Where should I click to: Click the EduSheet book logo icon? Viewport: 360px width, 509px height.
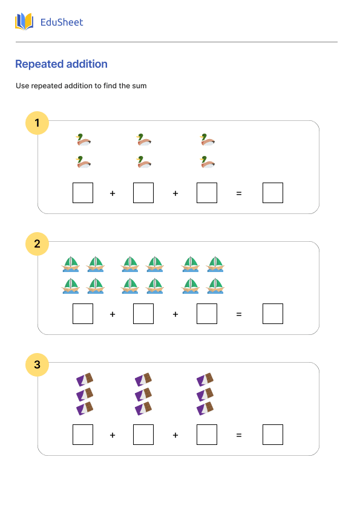coord(24,22)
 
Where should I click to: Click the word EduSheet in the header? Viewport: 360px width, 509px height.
coord(61,22)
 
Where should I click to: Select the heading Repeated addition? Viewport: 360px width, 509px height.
coord(61,64)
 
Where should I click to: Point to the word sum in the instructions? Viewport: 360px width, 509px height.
coord(139,86)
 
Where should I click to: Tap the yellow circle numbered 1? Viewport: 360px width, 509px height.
coord(37,123)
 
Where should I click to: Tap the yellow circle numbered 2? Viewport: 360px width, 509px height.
coord(37,244)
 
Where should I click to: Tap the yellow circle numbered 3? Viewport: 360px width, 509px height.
coord(37,365)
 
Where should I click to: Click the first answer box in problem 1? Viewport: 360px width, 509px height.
coord(83,193)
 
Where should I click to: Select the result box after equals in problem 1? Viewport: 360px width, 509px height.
coord(273,193)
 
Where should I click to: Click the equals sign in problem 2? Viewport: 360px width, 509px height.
coord(238,314)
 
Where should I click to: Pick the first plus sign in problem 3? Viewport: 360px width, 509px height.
coord(113,435)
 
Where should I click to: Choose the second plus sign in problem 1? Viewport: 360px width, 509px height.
coord(175,193)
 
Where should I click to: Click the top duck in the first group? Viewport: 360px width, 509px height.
coord(83,140)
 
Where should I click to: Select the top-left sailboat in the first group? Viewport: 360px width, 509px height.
coord(71,264)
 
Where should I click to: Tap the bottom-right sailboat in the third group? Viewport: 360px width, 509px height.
coord(215,286)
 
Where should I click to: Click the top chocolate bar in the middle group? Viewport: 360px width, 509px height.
coord(143,380)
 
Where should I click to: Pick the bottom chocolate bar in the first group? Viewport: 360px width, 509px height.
coord(85,409)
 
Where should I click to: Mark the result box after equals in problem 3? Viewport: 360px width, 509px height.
coord(273,435)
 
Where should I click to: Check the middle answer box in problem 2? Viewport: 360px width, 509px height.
coord(143,314)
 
